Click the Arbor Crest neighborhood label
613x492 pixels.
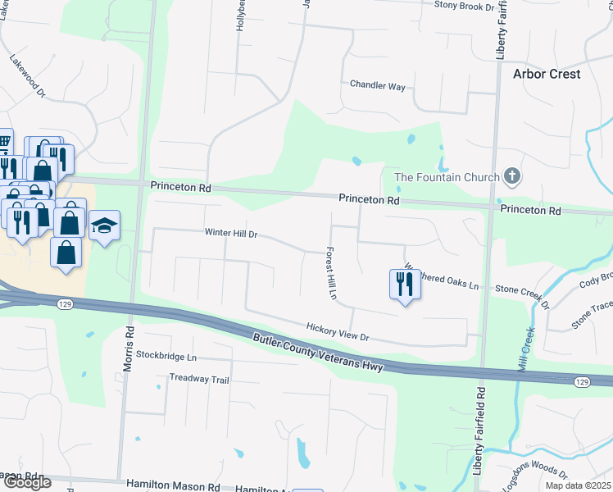(547, 74)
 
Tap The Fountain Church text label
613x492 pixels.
(447, 177)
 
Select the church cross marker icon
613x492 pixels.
(512, 175)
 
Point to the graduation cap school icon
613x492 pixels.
(104, 225)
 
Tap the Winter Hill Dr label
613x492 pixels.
(231, 234)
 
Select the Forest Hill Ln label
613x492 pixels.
(332, 272)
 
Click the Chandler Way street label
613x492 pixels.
(378, 85)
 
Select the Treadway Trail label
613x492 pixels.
(199, 379)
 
